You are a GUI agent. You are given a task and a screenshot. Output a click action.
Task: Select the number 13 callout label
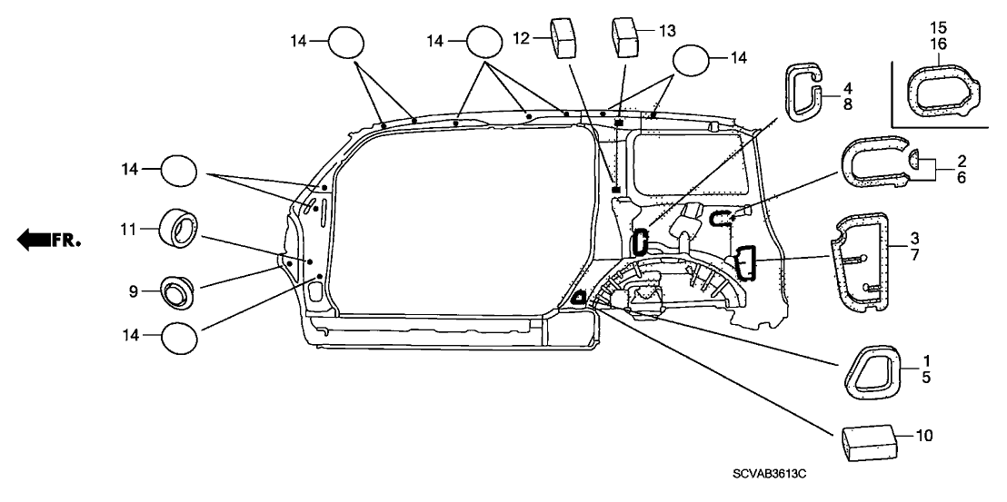pyautogui.click(x=667, y=31)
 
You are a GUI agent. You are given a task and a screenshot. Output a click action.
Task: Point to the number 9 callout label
pyautogui.click(x=134, y=291)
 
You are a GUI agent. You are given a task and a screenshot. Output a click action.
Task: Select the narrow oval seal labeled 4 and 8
pyautogui.click(x=803, y=91)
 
